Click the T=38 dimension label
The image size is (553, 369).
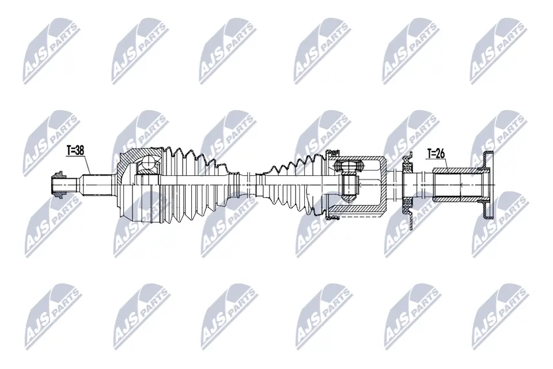tap(75, 150)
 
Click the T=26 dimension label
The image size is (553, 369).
tap(436, 153)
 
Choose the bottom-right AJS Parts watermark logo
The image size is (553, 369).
tap(498, 314)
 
